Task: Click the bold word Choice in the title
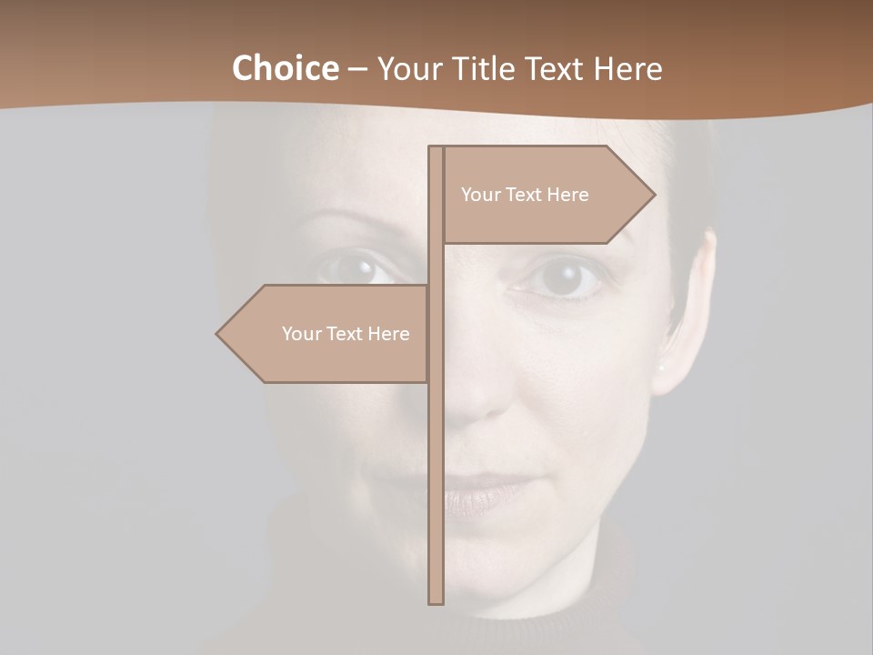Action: click(285, 69)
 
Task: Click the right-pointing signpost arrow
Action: click(546, 195)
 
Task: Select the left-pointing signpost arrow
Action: click(323, 334)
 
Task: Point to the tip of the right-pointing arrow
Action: click(653, 194)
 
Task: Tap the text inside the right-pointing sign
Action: click(525, 195)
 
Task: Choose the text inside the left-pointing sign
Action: click(346, 334)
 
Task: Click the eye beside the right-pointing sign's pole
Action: click(562, 277)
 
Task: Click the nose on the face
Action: click(477, 391)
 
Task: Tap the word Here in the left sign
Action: click(388, 334)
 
